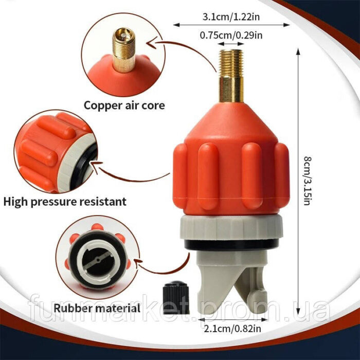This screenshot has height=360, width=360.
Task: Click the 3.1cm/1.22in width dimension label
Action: pos(231,17)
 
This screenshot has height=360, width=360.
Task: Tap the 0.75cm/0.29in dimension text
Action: pos(231,35)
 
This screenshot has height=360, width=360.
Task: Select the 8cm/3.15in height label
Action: pos(308,181)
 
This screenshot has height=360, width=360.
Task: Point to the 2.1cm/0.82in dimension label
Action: pos(232,329)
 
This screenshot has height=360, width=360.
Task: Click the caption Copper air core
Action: pos(124,105)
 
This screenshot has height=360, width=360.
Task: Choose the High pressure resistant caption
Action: pos(65,202)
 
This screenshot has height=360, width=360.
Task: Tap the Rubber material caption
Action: pos(97,308)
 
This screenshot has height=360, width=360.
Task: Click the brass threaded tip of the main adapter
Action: pos(231,76)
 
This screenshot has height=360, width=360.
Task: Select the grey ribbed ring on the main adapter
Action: pos(231,227)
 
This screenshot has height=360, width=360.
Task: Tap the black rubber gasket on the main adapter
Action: pos(231,244)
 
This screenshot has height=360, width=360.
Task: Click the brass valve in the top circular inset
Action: pos(124,50)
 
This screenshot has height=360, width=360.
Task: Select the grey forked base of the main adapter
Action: pos(232,282)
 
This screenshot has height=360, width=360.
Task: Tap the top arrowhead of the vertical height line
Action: pos(298,51)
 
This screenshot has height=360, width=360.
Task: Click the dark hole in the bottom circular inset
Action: pos(98,262)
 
